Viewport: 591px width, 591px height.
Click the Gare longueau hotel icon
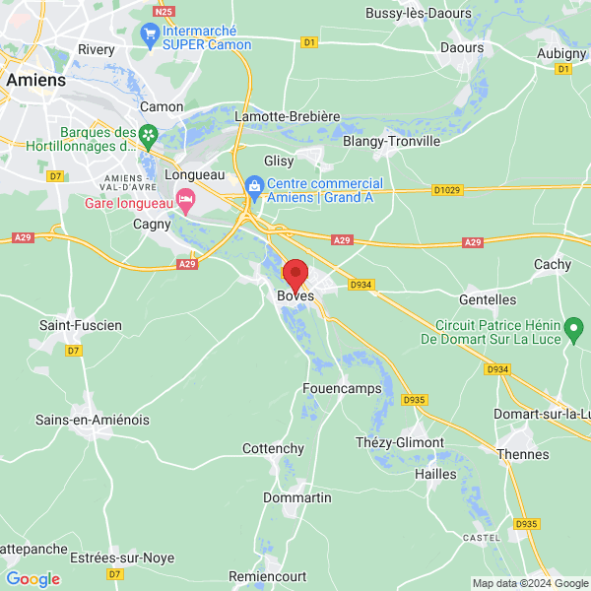click(185, 201)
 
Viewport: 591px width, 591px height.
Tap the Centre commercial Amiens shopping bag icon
click(254, 184)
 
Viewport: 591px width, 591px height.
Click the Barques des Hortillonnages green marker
click(148, 133)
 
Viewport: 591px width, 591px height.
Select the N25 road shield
click(164, 11)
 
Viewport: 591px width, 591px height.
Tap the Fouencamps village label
click(342, 388)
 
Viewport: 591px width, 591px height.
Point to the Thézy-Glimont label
click(400, 442)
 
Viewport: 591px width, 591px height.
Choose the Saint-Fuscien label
click(80, 325)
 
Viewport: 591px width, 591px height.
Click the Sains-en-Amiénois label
click(93, 420)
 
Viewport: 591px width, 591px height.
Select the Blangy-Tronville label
click(391, 141)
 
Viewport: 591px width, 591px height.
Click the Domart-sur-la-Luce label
click(542, 414)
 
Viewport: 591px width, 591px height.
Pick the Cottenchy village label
click(273, 448)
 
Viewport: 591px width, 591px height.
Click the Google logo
click(33, 578)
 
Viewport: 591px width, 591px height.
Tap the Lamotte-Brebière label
click(287, 116)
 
